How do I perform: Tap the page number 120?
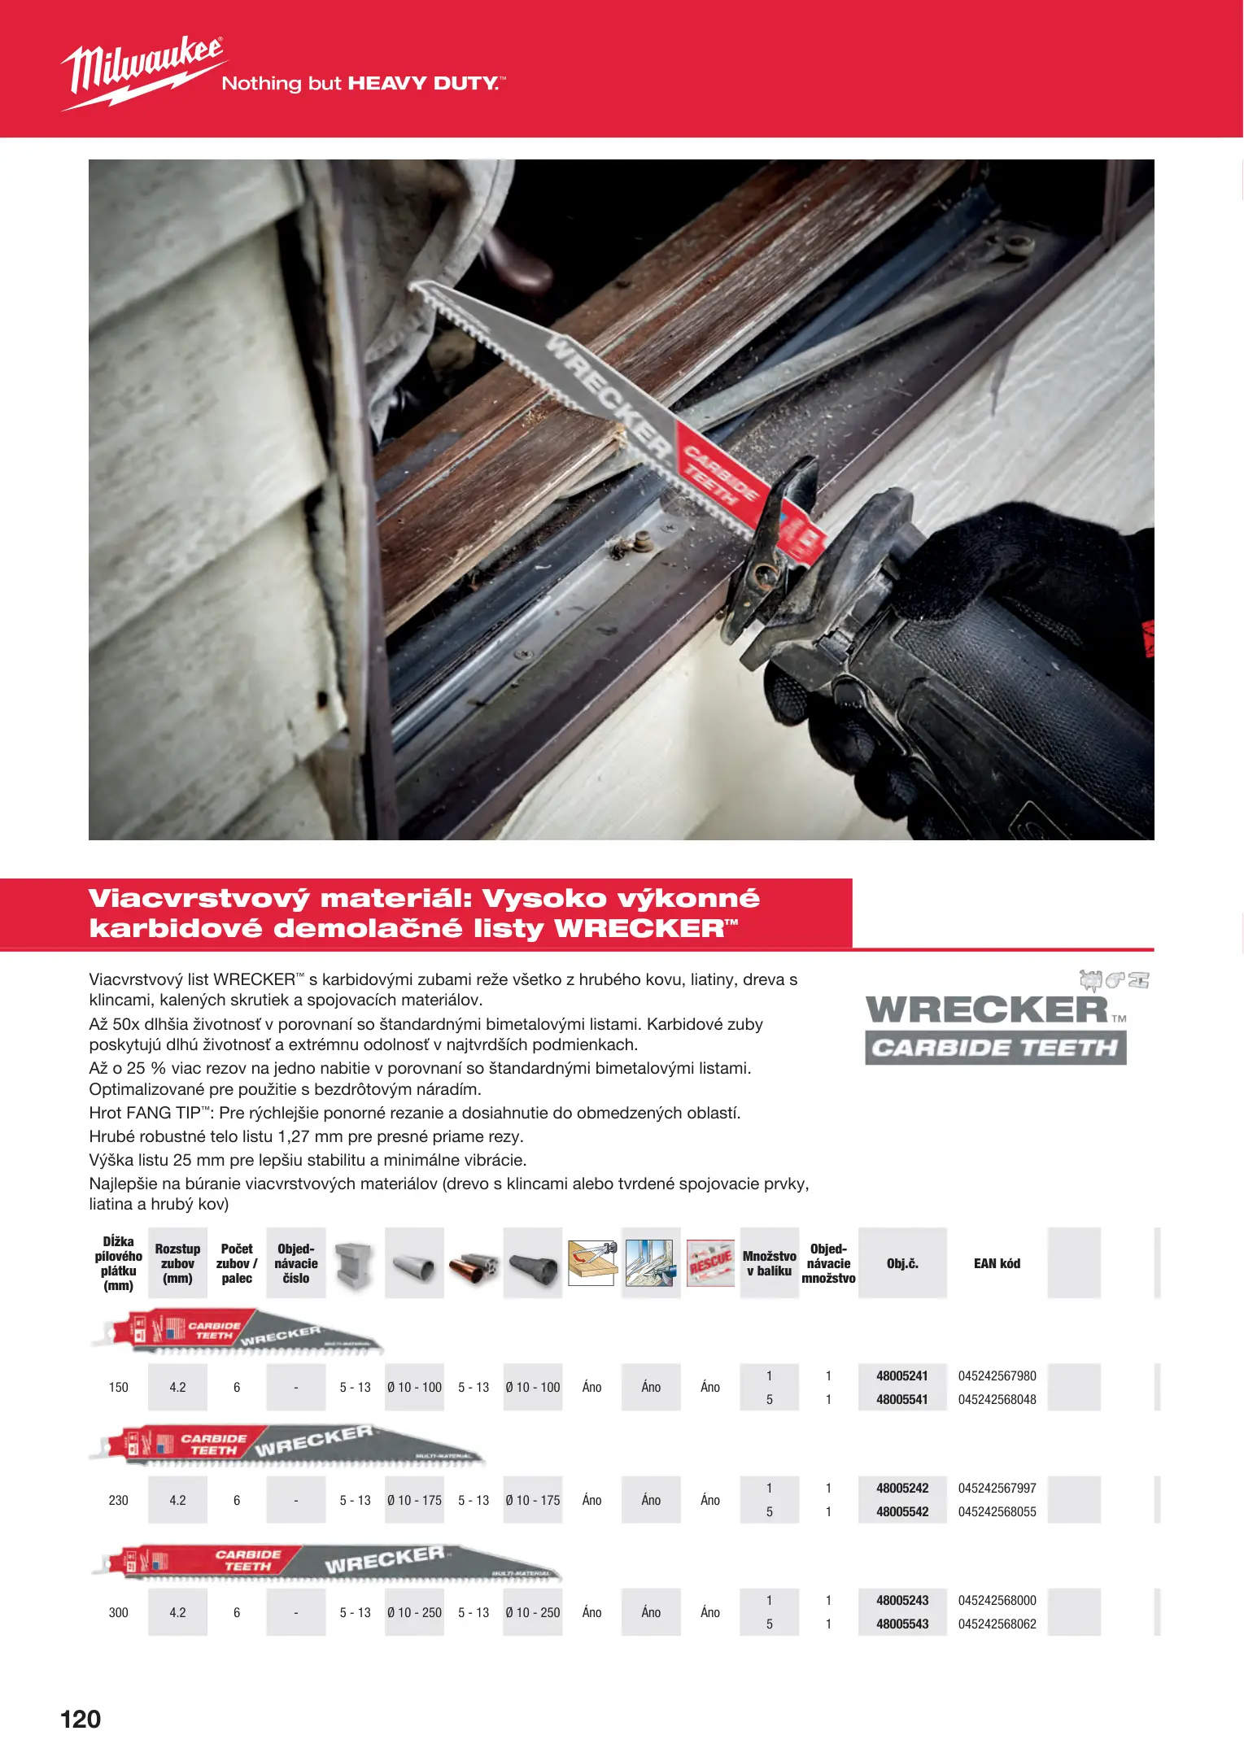click(81, 1719)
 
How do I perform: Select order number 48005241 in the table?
click(901, 1376)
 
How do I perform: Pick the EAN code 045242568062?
click(997, 1624)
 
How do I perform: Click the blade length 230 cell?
click(118, 1500)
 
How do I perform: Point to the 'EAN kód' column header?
click(997, 1263)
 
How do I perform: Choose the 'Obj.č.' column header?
click(902, 1263)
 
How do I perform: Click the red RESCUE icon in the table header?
click(710, 1263)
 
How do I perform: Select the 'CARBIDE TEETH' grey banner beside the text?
click(995, 1048)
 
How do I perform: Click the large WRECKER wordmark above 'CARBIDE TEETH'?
click(987, 1009)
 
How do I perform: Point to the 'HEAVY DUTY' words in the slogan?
click(423, 83)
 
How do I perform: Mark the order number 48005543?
click(901, 1624)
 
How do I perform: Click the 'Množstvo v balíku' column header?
click(769, 1263)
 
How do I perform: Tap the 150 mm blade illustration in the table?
click(236, 1332)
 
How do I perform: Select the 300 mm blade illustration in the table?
click(325, 1563)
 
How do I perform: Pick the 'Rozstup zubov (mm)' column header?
click(177, 1263)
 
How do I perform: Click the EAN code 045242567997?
click(997, 1488)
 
